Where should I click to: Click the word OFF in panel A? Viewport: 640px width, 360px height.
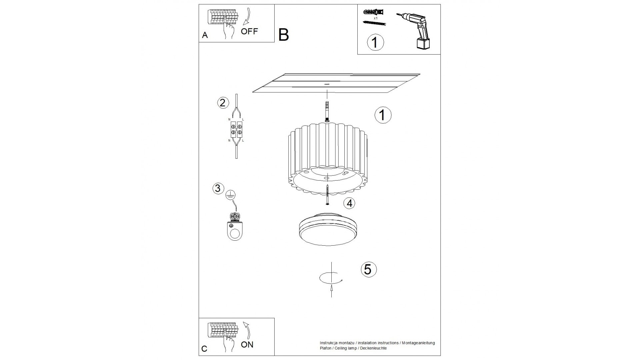tap(249, 31)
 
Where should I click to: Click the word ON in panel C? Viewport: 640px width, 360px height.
tap(247, 345)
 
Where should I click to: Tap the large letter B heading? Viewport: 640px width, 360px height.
tap(283, 35)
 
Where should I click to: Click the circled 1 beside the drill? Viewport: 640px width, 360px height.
tap(375, 42)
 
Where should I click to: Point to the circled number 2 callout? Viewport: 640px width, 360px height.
tap(223, 103)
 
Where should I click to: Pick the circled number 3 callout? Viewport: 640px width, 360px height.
tap(218, 188)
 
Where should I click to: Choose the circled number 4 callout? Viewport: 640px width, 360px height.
tap(349, 203)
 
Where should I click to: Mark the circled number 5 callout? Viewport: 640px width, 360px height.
tap(368, 270)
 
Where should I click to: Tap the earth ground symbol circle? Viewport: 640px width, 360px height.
tap(230, 195)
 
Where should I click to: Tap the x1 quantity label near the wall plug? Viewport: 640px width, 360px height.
tap(376, 18)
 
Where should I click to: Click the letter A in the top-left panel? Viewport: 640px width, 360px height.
tap(205, 35)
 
